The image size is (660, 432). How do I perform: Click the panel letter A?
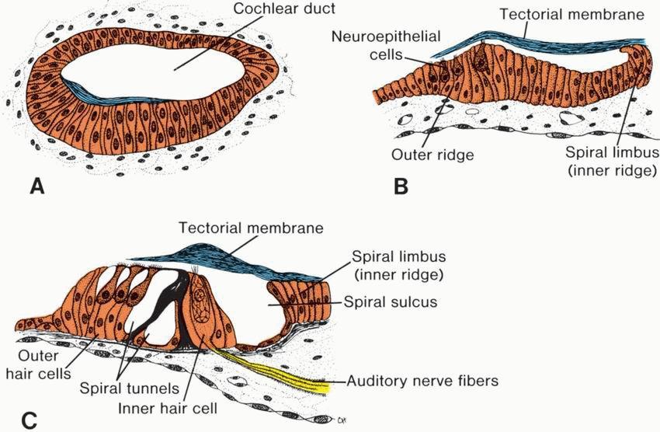click(x=34, y=186)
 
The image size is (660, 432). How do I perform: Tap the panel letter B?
click(x=401, y=186)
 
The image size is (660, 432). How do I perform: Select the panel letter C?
click(x=29, y=420)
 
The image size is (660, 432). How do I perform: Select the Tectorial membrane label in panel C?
click(x=250, y=228)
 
